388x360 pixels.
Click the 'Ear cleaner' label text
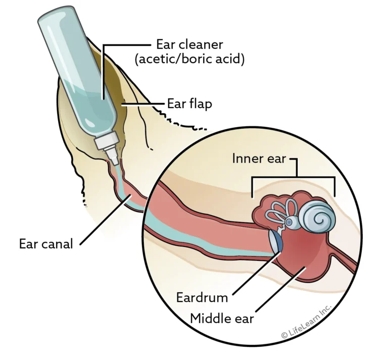(x=189, y=45)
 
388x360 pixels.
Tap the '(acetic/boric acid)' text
(x=189, y=60)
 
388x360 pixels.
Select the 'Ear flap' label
(x=189, y=104)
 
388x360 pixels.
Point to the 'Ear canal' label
(x=46, y=244)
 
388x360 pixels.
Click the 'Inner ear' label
(x=259, y=159)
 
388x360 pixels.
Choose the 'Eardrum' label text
(x=202, y=297)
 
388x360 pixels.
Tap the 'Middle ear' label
(x=222, y=319)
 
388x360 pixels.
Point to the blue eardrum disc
(x=276, y=240)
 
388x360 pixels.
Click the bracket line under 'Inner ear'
(x=294, y=177)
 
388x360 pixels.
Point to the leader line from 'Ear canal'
(x=106, y=220)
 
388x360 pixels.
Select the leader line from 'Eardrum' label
(x=256, y=273)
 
